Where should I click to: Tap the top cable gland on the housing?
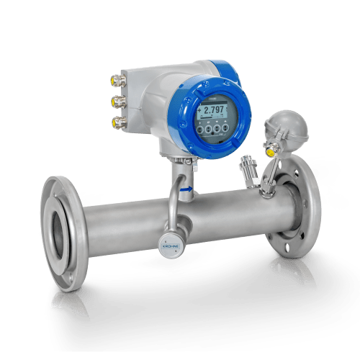pyautogui.click(x=114, y=78)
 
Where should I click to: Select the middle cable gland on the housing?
pyautogui.click(x=114, y=99)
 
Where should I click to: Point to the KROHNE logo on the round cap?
pyautogui.click(x=171, y=246)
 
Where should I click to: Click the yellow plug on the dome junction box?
pyautogui.click(x=270, y=152)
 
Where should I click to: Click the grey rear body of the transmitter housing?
pyautogui.click(x=148, y=101)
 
